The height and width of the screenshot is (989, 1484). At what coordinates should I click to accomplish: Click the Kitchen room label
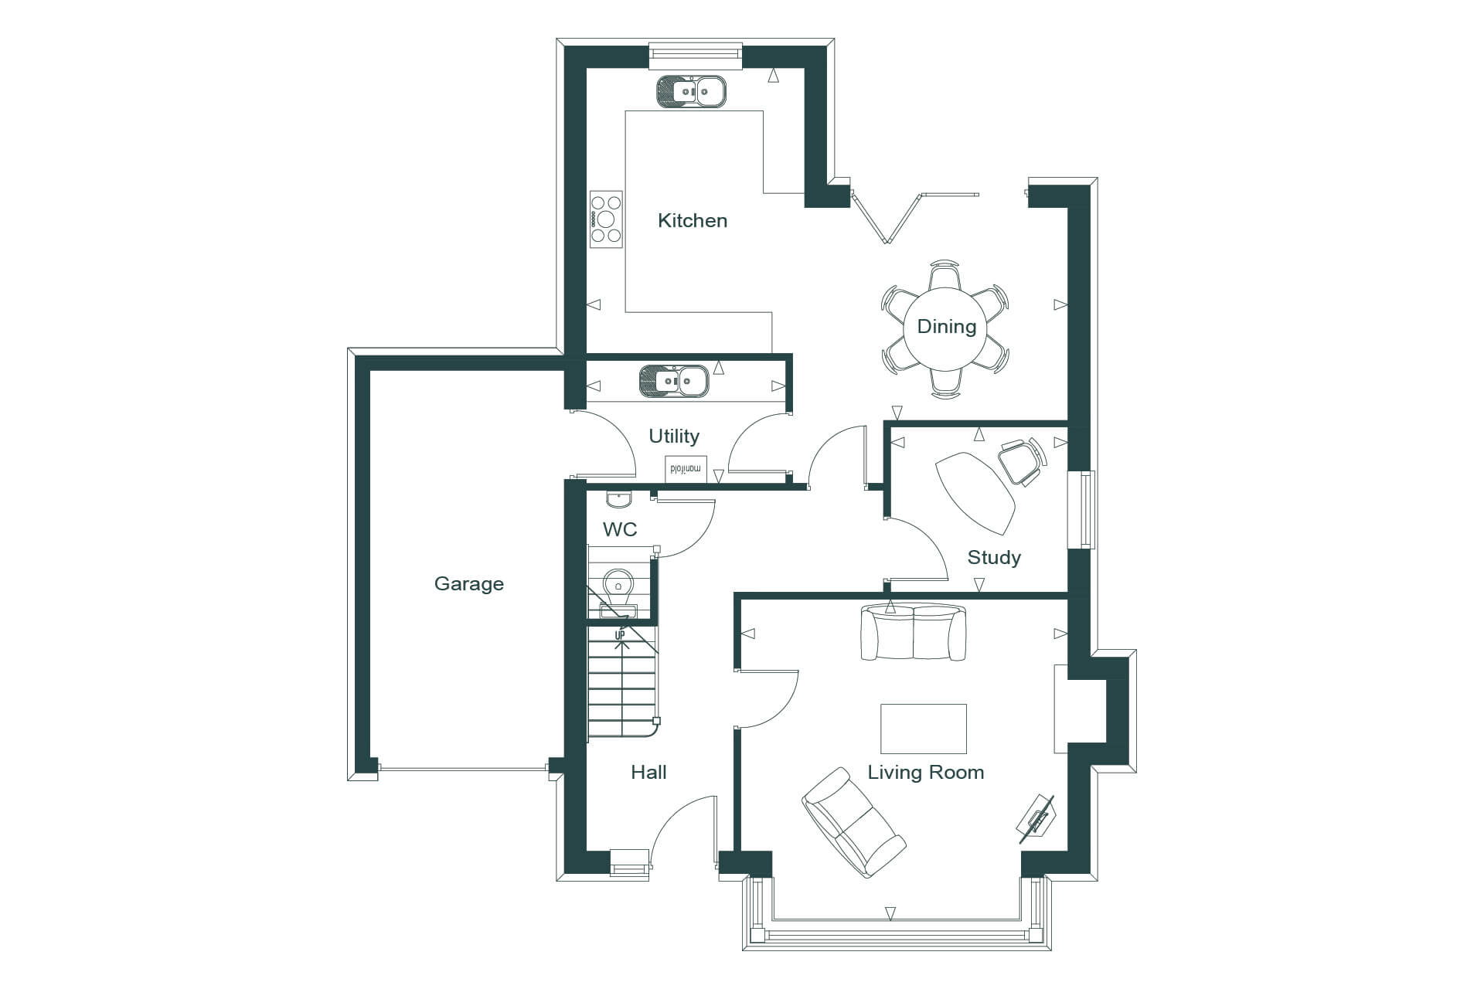pos(693,221)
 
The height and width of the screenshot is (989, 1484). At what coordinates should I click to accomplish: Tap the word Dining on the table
pos(946,327)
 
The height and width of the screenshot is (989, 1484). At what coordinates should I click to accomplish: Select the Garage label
pos(469,584)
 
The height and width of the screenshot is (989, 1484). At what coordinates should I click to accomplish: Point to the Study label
pos(994,558)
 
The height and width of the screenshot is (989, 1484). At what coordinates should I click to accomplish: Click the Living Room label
pos(925,773)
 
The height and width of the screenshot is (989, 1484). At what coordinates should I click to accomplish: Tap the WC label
pos(620,529)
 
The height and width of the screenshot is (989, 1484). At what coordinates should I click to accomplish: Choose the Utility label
pos(674,437)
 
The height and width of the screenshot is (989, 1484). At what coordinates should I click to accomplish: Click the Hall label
pos(648,772)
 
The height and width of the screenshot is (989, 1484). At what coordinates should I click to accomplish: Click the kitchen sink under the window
pos(692,91)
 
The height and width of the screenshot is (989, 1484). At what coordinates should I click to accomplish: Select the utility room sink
pos(674,382)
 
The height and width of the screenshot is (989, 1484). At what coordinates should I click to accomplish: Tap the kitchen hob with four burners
pos(606,219)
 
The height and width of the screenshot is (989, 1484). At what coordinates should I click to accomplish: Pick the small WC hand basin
pos(618,499)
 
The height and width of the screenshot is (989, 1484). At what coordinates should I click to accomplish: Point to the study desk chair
pos(1022,462)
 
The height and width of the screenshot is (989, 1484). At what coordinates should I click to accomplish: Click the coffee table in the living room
pos(924,729)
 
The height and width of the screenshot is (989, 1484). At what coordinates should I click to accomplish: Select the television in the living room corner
pos(1036,818)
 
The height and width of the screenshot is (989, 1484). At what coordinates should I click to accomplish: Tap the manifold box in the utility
pos(686,469)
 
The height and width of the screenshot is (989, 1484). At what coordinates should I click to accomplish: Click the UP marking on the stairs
pos(620,635)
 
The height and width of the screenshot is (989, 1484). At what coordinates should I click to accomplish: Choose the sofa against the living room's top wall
pos(914,632)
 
